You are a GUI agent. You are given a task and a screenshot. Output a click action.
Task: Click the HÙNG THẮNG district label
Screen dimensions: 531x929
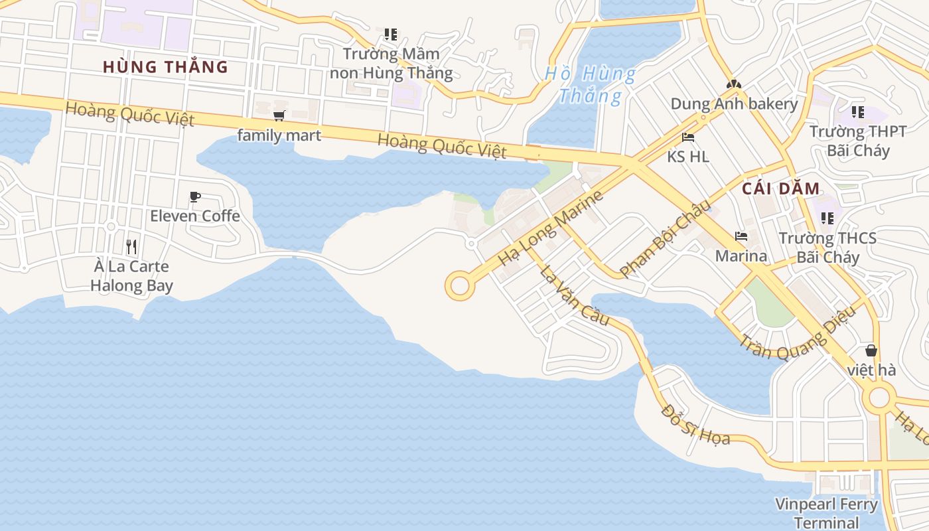[x=165, y=67]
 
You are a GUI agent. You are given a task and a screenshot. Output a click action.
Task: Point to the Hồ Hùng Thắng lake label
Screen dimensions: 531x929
[x=590, y=84]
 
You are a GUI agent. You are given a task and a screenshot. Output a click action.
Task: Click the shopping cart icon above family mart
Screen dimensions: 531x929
[x=279, y=116]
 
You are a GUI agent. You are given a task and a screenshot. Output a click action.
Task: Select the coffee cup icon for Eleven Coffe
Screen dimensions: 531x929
[x=194, y=197]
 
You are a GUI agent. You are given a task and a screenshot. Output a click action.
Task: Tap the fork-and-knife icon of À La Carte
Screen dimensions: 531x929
[x=131, y=248]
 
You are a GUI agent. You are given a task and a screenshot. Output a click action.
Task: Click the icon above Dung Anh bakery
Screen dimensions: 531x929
[x=733, y=85]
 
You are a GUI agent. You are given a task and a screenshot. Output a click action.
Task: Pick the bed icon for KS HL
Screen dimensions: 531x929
[x=688, y=138]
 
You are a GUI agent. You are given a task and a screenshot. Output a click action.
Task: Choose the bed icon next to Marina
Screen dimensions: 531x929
[x=741, y=236]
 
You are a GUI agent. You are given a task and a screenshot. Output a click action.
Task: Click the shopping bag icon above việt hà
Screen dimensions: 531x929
[x=871, y=350]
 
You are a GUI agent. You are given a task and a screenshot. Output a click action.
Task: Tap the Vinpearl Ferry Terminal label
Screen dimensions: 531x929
[x=826, y=513]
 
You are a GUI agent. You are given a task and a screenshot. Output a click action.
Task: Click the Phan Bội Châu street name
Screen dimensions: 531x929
[x=661, y=238]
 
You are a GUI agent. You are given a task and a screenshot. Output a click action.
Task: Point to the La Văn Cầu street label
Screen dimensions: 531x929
[x=574, y=295]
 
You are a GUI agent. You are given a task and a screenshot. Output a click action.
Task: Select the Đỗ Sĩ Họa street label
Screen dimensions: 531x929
[x=695, y=425]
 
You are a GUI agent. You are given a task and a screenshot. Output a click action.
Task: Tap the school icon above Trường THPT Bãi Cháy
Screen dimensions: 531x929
[x=857, y=112]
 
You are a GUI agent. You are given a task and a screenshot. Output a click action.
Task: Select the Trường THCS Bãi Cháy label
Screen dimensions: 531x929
[x=827, y=248]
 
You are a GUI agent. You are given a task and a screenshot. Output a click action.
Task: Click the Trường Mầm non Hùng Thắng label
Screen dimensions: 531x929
[x=392, y=63]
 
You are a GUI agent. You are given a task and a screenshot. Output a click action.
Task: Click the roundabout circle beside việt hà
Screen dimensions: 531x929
[x=879, y=398]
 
